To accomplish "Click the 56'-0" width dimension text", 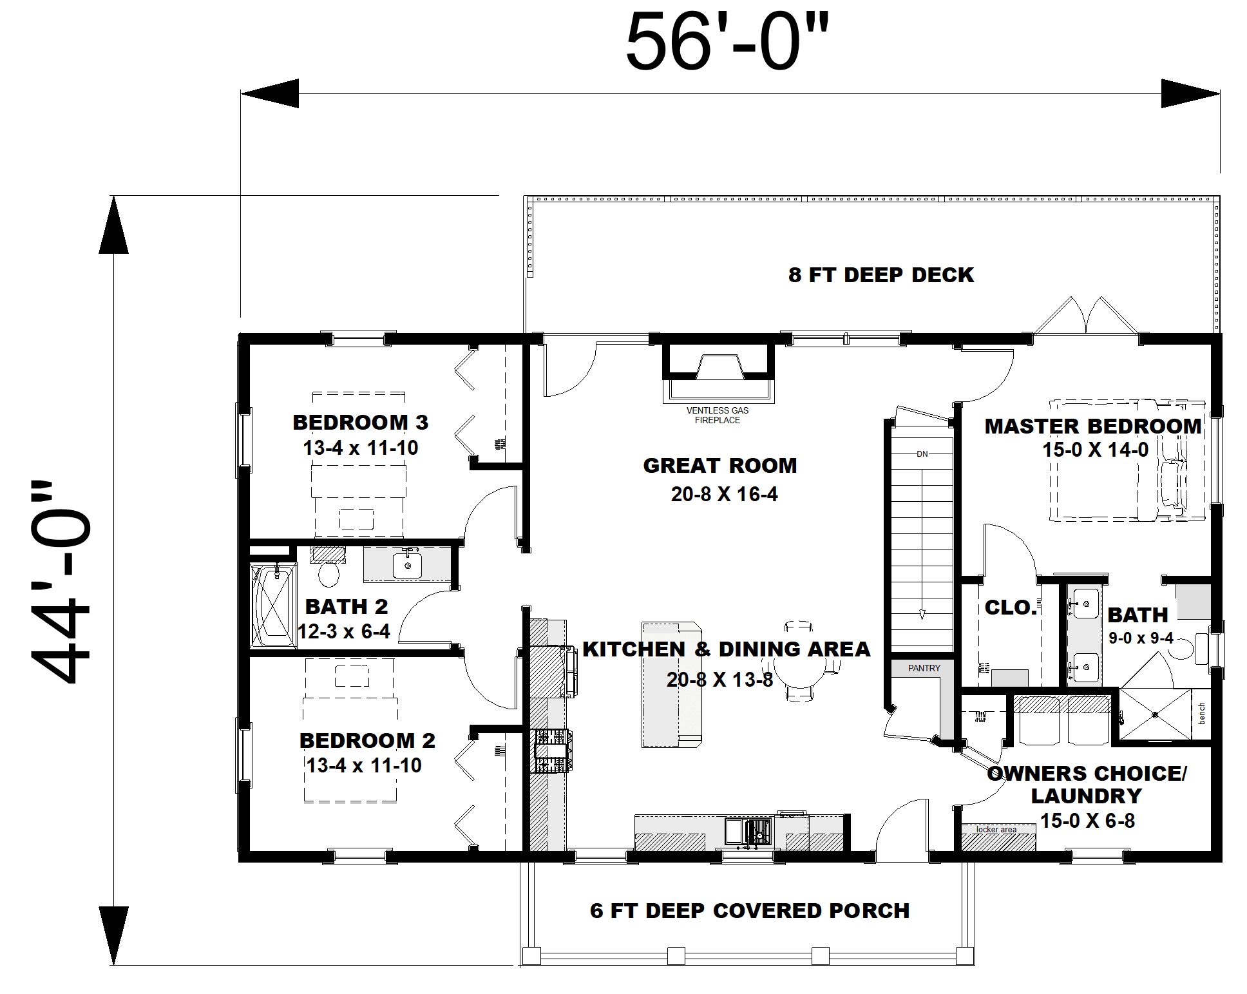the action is tap(727, 43).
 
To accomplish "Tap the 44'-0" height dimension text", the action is tap(61, 582).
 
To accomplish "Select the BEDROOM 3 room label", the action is tap(361, 423).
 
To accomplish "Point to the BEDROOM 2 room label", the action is tap(367, 741).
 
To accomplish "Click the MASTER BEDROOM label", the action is tap(1093, 426).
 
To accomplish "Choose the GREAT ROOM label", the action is tap(720, 466).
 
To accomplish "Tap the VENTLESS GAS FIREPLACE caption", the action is tap(718, 416).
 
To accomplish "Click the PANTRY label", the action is tap(924, 668).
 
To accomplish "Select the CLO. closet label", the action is tap(1011, 607).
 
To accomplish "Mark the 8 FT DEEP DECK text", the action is tap(881, 275).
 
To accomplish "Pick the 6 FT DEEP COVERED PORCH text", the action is tap(750, 911).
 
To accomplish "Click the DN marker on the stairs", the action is tap(922, 454).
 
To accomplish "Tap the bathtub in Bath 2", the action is tap(273, 606).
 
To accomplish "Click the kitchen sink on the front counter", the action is tap(748, 831).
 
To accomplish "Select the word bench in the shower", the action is tap(1202, 714).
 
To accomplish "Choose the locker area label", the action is tap(996, 829).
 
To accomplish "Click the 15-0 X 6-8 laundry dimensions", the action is tap(1088, 821).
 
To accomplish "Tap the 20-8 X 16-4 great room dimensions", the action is tap(724, 494).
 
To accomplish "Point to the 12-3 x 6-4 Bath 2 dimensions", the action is tap(344, 631).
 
